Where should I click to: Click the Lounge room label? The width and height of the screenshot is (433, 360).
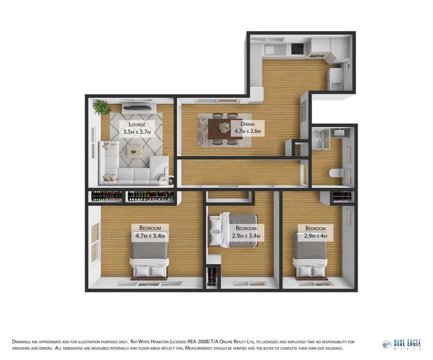pyautogui.click(x=137, y=128)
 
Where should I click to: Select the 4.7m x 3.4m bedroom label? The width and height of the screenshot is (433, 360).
pyautogui.click(x=150, y=232)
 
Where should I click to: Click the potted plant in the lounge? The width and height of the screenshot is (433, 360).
pyautogui.click(x=102, y=107)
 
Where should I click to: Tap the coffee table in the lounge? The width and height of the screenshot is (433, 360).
pyautogui.click(x=134, y=152)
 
